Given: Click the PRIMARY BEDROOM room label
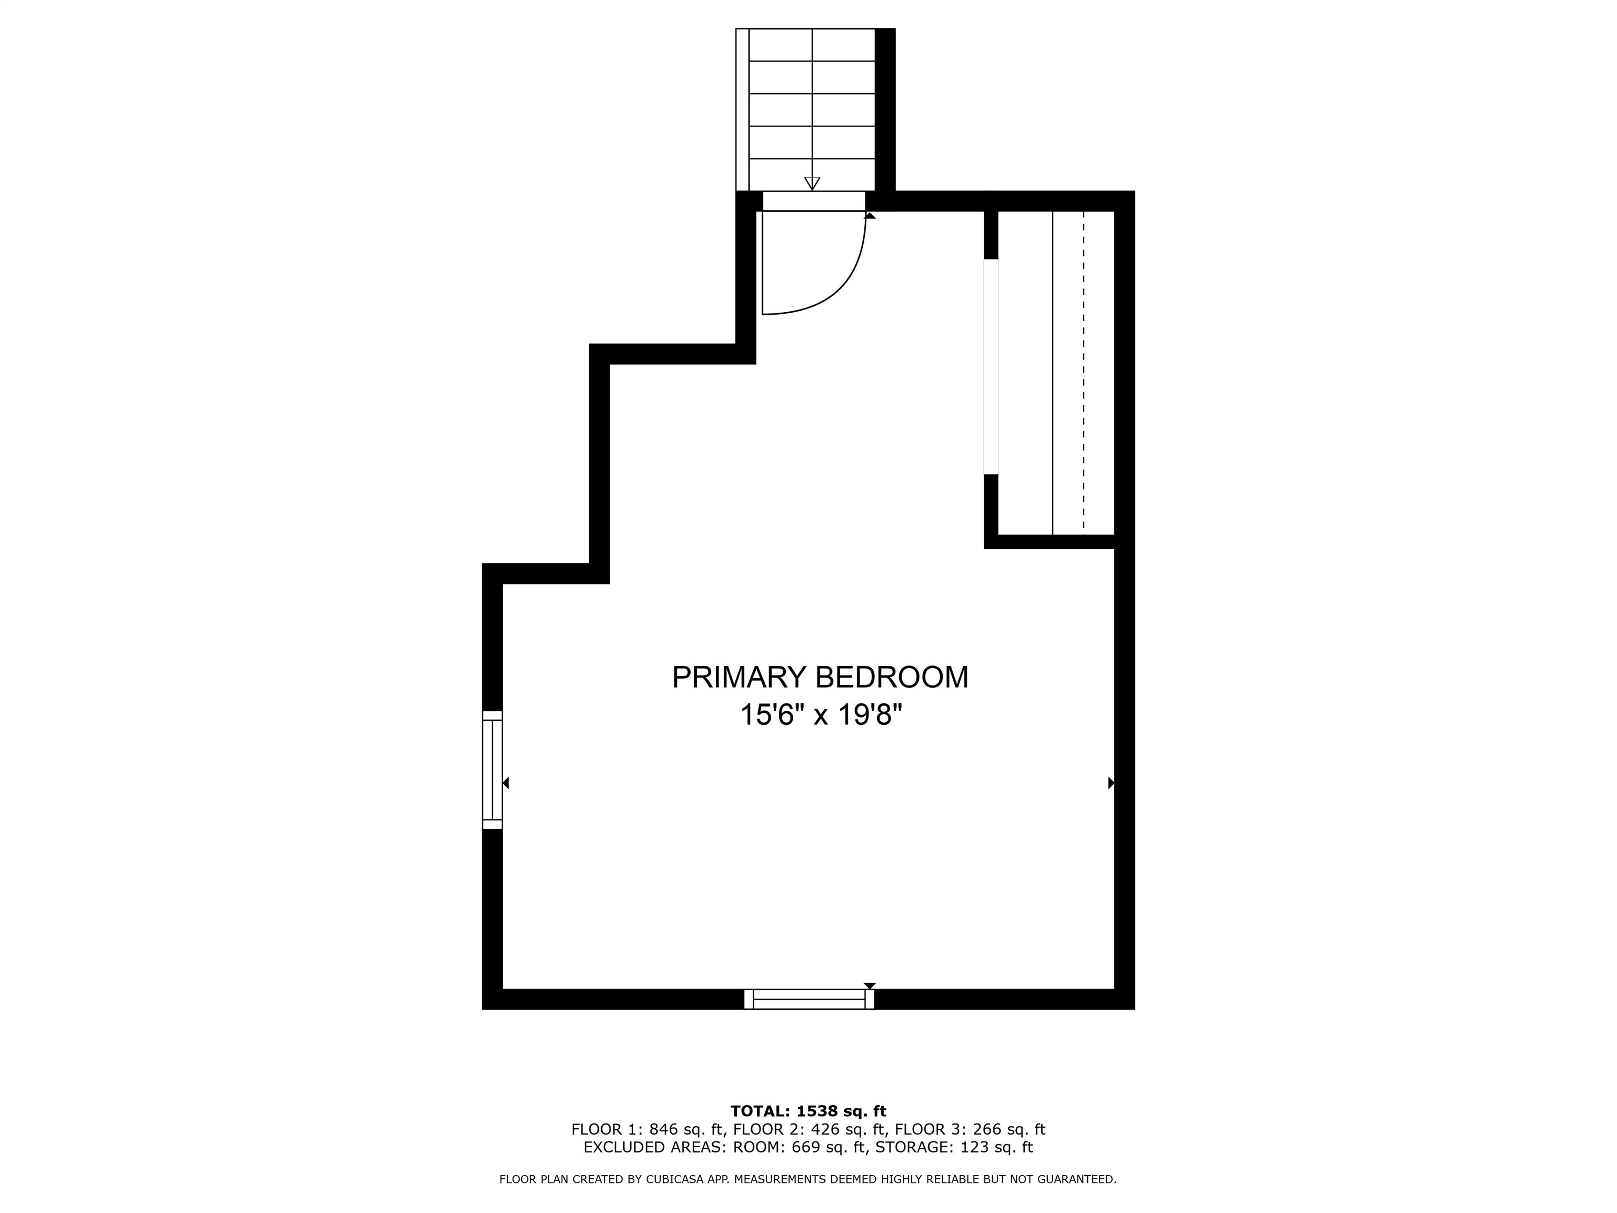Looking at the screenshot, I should [x=820, y=677].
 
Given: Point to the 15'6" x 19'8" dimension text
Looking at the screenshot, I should [x=820, y=714].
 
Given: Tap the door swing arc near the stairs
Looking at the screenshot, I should [x=841, y=285].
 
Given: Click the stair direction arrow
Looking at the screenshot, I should [x=812, y=183].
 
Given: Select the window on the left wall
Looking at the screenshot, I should [x=492, y=769].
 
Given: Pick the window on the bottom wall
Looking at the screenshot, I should [x=808, y=999].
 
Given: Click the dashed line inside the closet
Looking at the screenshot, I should [x=1083, y=373].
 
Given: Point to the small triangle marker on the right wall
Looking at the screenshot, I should [x=1111, y=783].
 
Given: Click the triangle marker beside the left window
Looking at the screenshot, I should [x=506, y=783].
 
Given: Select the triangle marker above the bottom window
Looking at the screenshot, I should [x=869, y=986].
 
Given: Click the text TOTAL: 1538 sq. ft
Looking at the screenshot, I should [x=808, y=1111].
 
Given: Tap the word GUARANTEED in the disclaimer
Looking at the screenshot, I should [x=1079, y=1179].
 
